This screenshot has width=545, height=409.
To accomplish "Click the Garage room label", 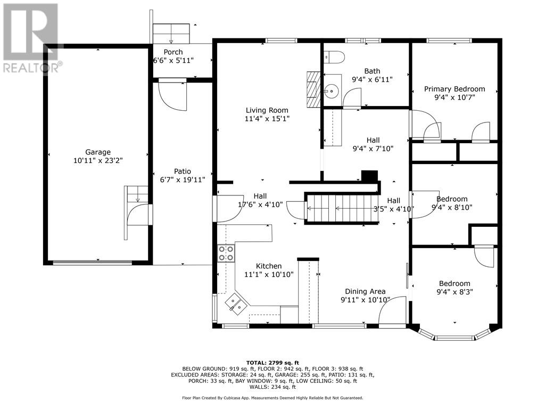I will (x=98, y=152).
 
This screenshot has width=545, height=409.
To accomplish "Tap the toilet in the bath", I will (x=333, y=57).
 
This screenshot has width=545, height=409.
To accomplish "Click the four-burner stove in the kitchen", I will (x=226, y=253).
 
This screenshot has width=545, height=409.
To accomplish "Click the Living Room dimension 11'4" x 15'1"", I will (x=267, y=119).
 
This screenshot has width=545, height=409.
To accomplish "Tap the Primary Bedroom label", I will (x=454, y=89).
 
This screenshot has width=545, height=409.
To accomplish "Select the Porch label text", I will (x=173, y=52).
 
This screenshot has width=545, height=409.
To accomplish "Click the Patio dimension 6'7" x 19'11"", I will (x=183, y=179).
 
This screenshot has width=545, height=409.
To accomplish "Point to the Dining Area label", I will (x=365, y=291).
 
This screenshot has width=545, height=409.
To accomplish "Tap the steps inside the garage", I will (x=137, y=194).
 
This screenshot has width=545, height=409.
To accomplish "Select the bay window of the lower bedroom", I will (x=455, y=336).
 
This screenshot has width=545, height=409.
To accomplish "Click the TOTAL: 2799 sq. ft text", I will (x=272, y=362).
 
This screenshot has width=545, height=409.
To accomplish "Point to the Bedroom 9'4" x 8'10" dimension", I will (x=452, y=207).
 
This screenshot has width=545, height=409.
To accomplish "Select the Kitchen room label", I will (x=269, y=266).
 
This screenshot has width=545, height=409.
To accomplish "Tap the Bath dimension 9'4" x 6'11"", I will (x=372, y=79).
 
